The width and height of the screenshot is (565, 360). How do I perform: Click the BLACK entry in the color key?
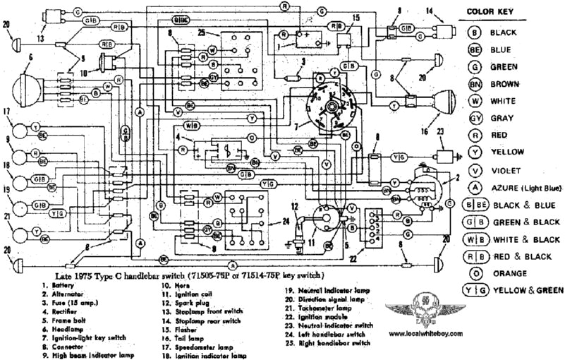tap(506, 32)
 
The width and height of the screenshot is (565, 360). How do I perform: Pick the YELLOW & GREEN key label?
tap(529, 289)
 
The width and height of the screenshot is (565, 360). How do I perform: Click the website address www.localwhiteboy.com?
tap(425, 332)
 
